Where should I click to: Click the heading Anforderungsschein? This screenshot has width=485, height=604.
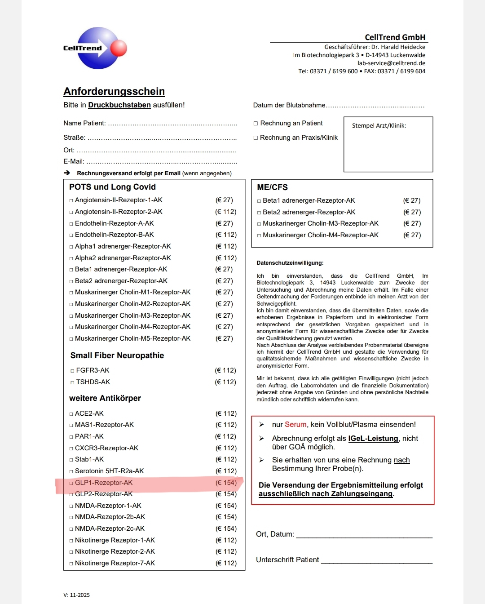click(x=114, y=91)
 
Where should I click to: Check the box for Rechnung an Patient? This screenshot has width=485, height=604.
click(x=256, y=124)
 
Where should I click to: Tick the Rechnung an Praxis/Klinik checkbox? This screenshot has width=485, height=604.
click(x=256, y=138)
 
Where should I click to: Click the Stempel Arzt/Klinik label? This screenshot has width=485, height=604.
click(x=379, y=126)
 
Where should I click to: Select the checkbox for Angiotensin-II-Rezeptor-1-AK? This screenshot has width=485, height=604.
click(x=71, y=200)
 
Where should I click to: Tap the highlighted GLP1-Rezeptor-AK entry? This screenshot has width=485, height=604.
click(x=104, y=483)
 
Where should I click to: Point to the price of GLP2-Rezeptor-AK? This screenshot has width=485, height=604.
click(x=226, y=494)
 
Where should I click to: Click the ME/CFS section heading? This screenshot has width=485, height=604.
click(x=272, y=187)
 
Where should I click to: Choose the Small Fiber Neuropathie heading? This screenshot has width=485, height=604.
click(x=117, y=355)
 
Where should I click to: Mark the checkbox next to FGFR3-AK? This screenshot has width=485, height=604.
click(x=72, y=371)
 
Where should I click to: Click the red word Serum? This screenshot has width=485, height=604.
click(x=295, y=425)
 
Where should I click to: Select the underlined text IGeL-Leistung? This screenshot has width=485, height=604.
click(x=373, y=439)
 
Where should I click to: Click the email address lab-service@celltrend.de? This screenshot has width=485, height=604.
click(x=391, y=63)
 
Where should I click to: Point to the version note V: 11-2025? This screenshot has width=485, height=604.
click(x=77, y=595)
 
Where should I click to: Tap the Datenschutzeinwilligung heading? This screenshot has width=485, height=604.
click(x=290, y=263)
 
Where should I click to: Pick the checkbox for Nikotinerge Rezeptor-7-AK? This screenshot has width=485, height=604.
click(x=71, y=564)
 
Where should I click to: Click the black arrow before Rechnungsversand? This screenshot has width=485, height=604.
click(x=67, y=173)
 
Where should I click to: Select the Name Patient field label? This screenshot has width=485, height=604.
click(x=84, y=123)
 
